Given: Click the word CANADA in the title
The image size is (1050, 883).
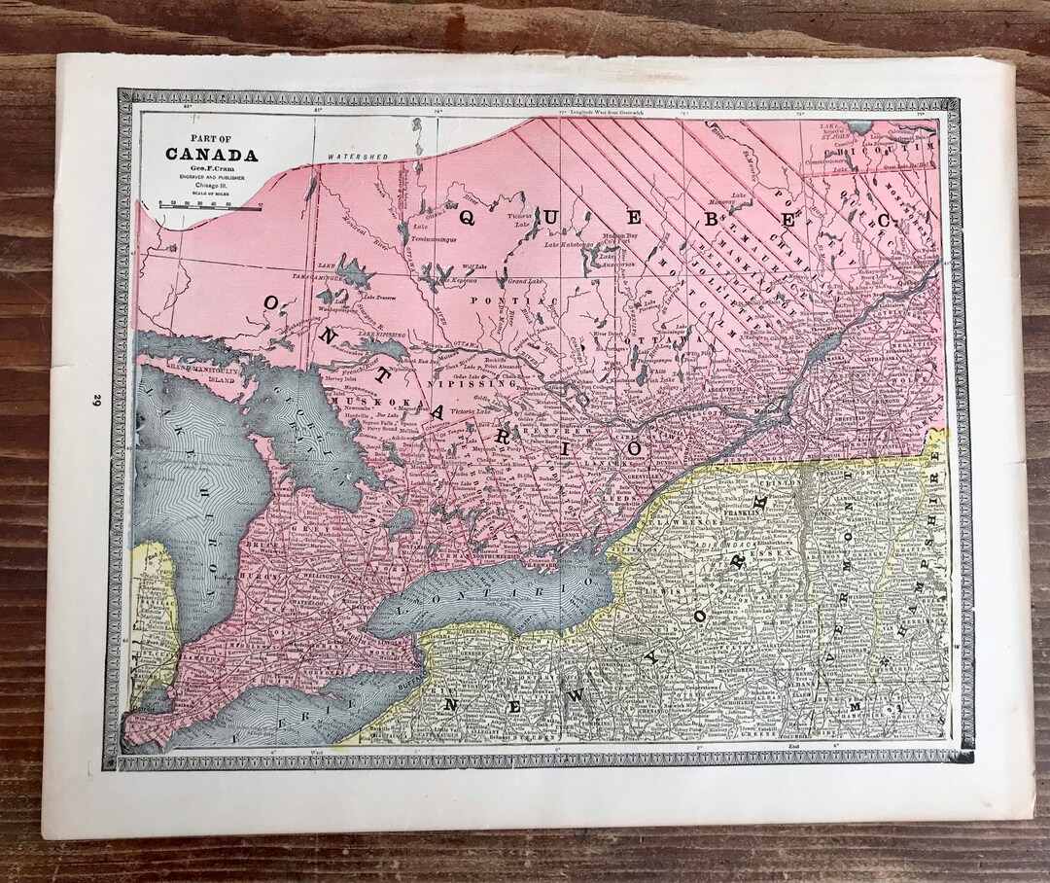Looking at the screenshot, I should coord(211,155).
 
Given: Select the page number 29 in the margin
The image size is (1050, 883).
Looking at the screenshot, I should coord(98,400).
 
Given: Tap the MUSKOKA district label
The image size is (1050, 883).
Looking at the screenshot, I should coord(364,402).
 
